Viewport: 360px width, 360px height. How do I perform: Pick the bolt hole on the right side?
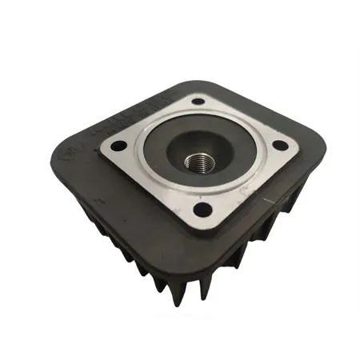click(x=280, y=146)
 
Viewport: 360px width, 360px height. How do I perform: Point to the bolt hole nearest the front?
click(x=203, y=209)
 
